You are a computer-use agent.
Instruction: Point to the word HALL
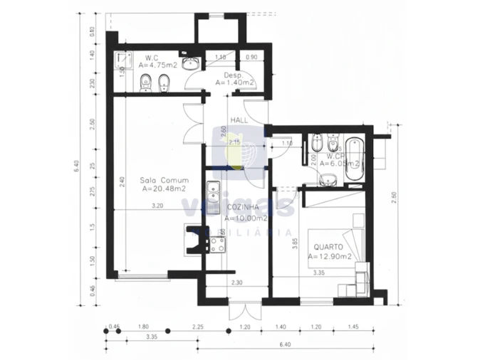coord(239,120)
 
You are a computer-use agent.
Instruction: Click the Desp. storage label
coord(234,75)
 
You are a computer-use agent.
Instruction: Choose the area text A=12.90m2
coord(330,257)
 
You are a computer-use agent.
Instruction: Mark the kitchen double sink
coord(212,193)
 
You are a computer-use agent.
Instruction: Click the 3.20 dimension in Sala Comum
coord(157,206)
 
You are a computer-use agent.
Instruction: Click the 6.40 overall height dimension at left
coord(76,166)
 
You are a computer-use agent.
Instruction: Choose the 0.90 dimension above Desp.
coord(251,56)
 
